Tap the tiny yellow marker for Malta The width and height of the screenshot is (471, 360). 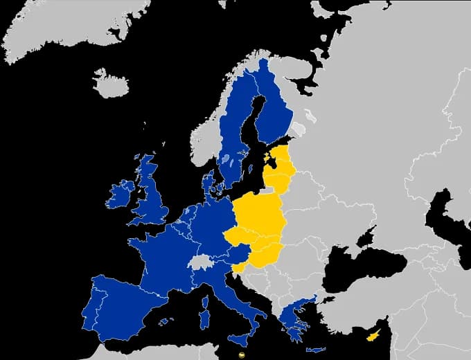click(x=240, y=354)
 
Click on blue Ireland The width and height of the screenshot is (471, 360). click(x=119, y=195)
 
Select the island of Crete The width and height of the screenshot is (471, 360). click(x=319, y=349)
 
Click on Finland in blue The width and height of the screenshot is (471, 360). click(x=274, y=111)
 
